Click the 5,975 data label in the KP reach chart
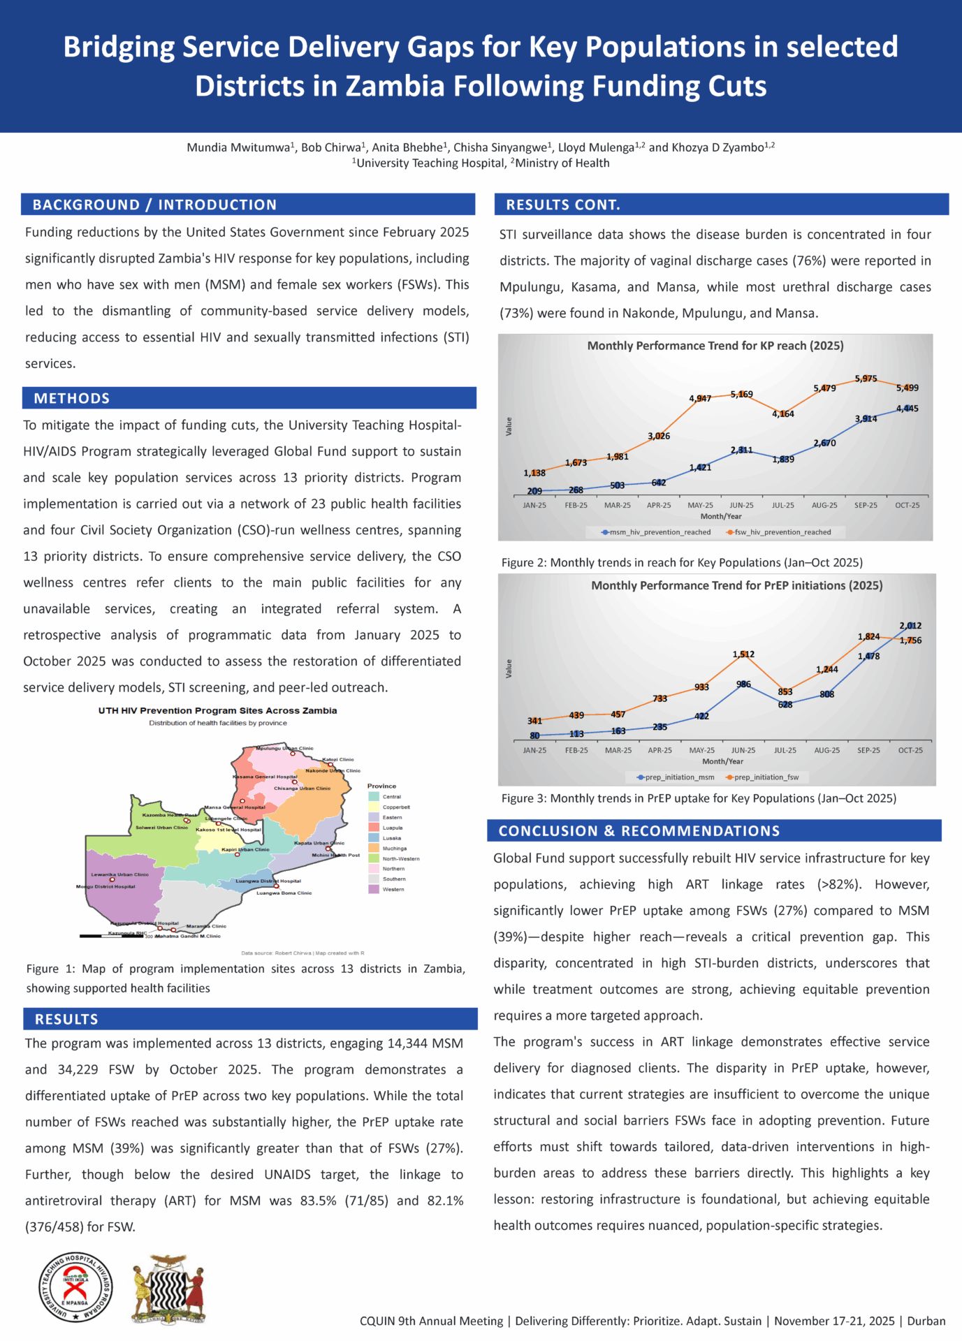point(866,379)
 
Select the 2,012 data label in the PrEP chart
point(910,626)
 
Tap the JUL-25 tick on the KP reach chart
point(783,505)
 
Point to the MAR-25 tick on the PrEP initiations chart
point(618,750)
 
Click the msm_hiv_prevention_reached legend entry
point(656,532)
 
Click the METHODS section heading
point(72,398)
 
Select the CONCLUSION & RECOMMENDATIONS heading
point(639,830)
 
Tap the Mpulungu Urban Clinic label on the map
point(284,749)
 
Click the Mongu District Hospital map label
point(105,886)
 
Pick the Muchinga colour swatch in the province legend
point(374,849)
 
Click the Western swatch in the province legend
point(374,890)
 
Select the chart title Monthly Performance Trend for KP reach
point(715,346)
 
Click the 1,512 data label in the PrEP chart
point(743,654)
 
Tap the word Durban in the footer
point(926,1321)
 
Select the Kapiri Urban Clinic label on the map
point(245,850)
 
